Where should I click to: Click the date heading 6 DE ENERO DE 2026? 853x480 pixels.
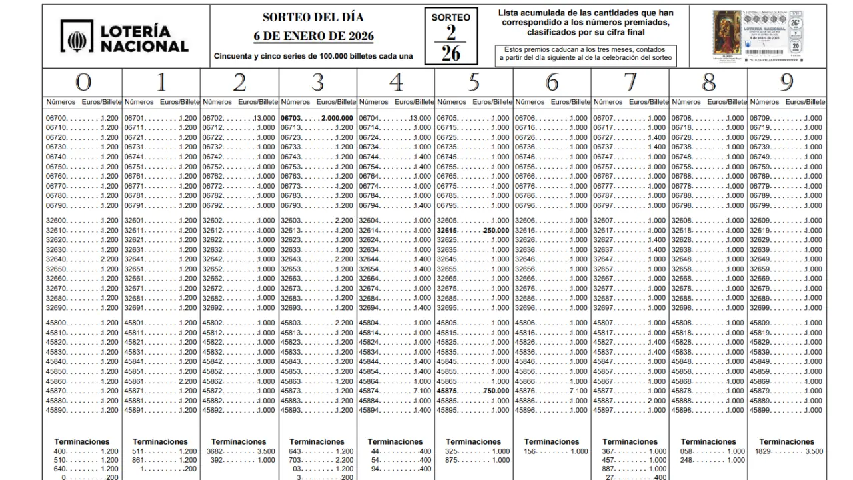coord(313,36)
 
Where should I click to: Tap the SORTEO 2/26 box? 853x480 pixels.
coord(450,37)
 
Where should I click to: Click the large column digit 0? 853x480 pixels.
coord(83,83)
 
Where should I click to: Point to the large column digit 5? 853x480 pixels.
coord(474,83)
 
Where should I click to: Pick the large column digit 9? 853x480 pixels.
coord(787,83)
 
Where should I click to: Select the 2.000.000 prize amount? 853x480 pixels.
coord(337,118)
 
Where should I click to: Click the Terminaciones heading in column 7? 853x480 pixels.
coord(630,441)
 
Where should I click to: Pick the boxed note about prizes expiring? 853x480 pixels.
coord(586,55)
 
